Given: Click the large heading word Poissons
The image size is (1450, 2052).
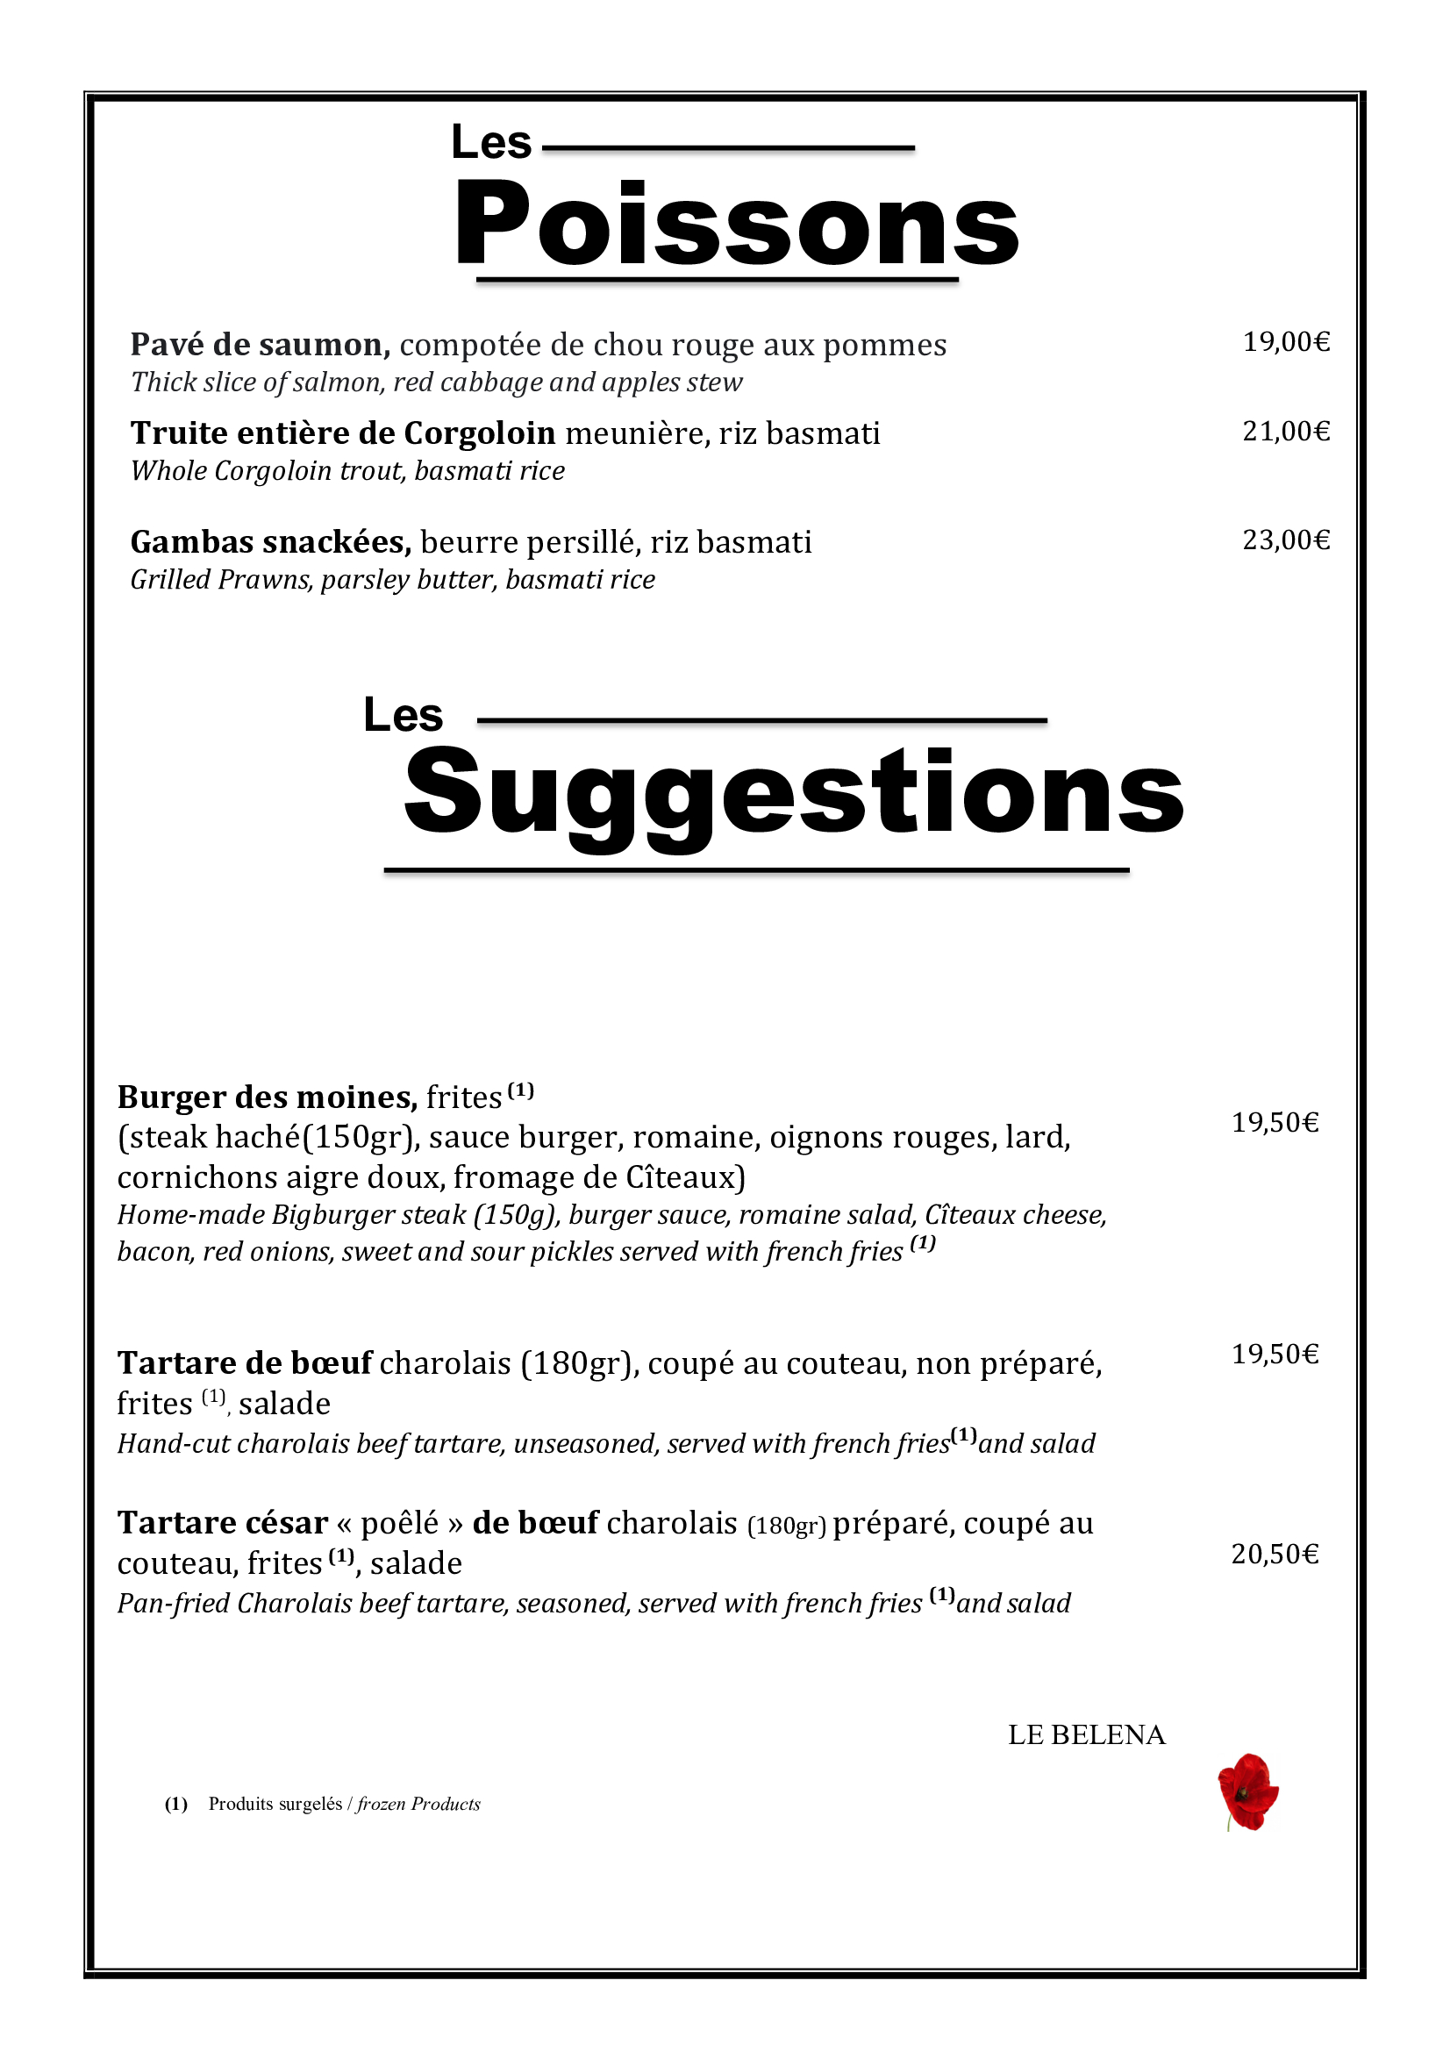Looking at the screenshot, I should (737, 224).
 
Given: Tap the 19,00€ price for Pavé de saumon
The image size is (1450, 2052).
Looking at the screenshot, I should (1286, 341).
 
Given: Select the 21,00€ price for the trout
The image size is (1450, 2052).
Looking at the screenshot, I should (1286, 432).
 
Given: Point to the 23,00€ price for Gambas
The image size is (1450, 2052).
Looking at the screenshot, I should (1286, 540).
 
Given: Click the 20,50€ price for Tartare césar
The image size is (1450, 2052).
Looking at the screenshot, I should (1275, 1555).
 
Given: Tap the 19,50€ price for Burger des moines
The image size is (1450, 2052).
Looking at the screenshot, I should (1275, 1122).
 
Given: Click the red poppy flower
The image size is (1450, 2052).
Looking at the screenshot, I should (1248, 1791).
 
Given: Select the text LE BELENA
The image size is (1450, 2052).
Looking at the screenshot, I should (1086, 1734).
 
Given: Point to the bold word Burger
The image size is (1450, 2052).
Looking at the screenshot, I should (171, 1097).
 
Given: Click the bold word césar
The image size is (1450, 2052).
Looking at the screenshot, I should (284, 1523).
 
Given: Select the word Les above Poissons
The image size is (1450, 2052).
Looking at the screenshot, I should (490, 143).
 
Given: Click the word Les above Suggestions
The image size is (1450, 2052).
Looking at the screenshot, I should (403, 716).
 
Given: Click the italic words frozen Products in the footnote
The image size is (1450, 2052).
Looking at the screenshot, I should (418, 1805).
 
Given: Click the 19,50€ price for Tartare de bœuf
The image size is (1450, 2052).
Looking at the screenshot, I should (1275, 1354).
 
